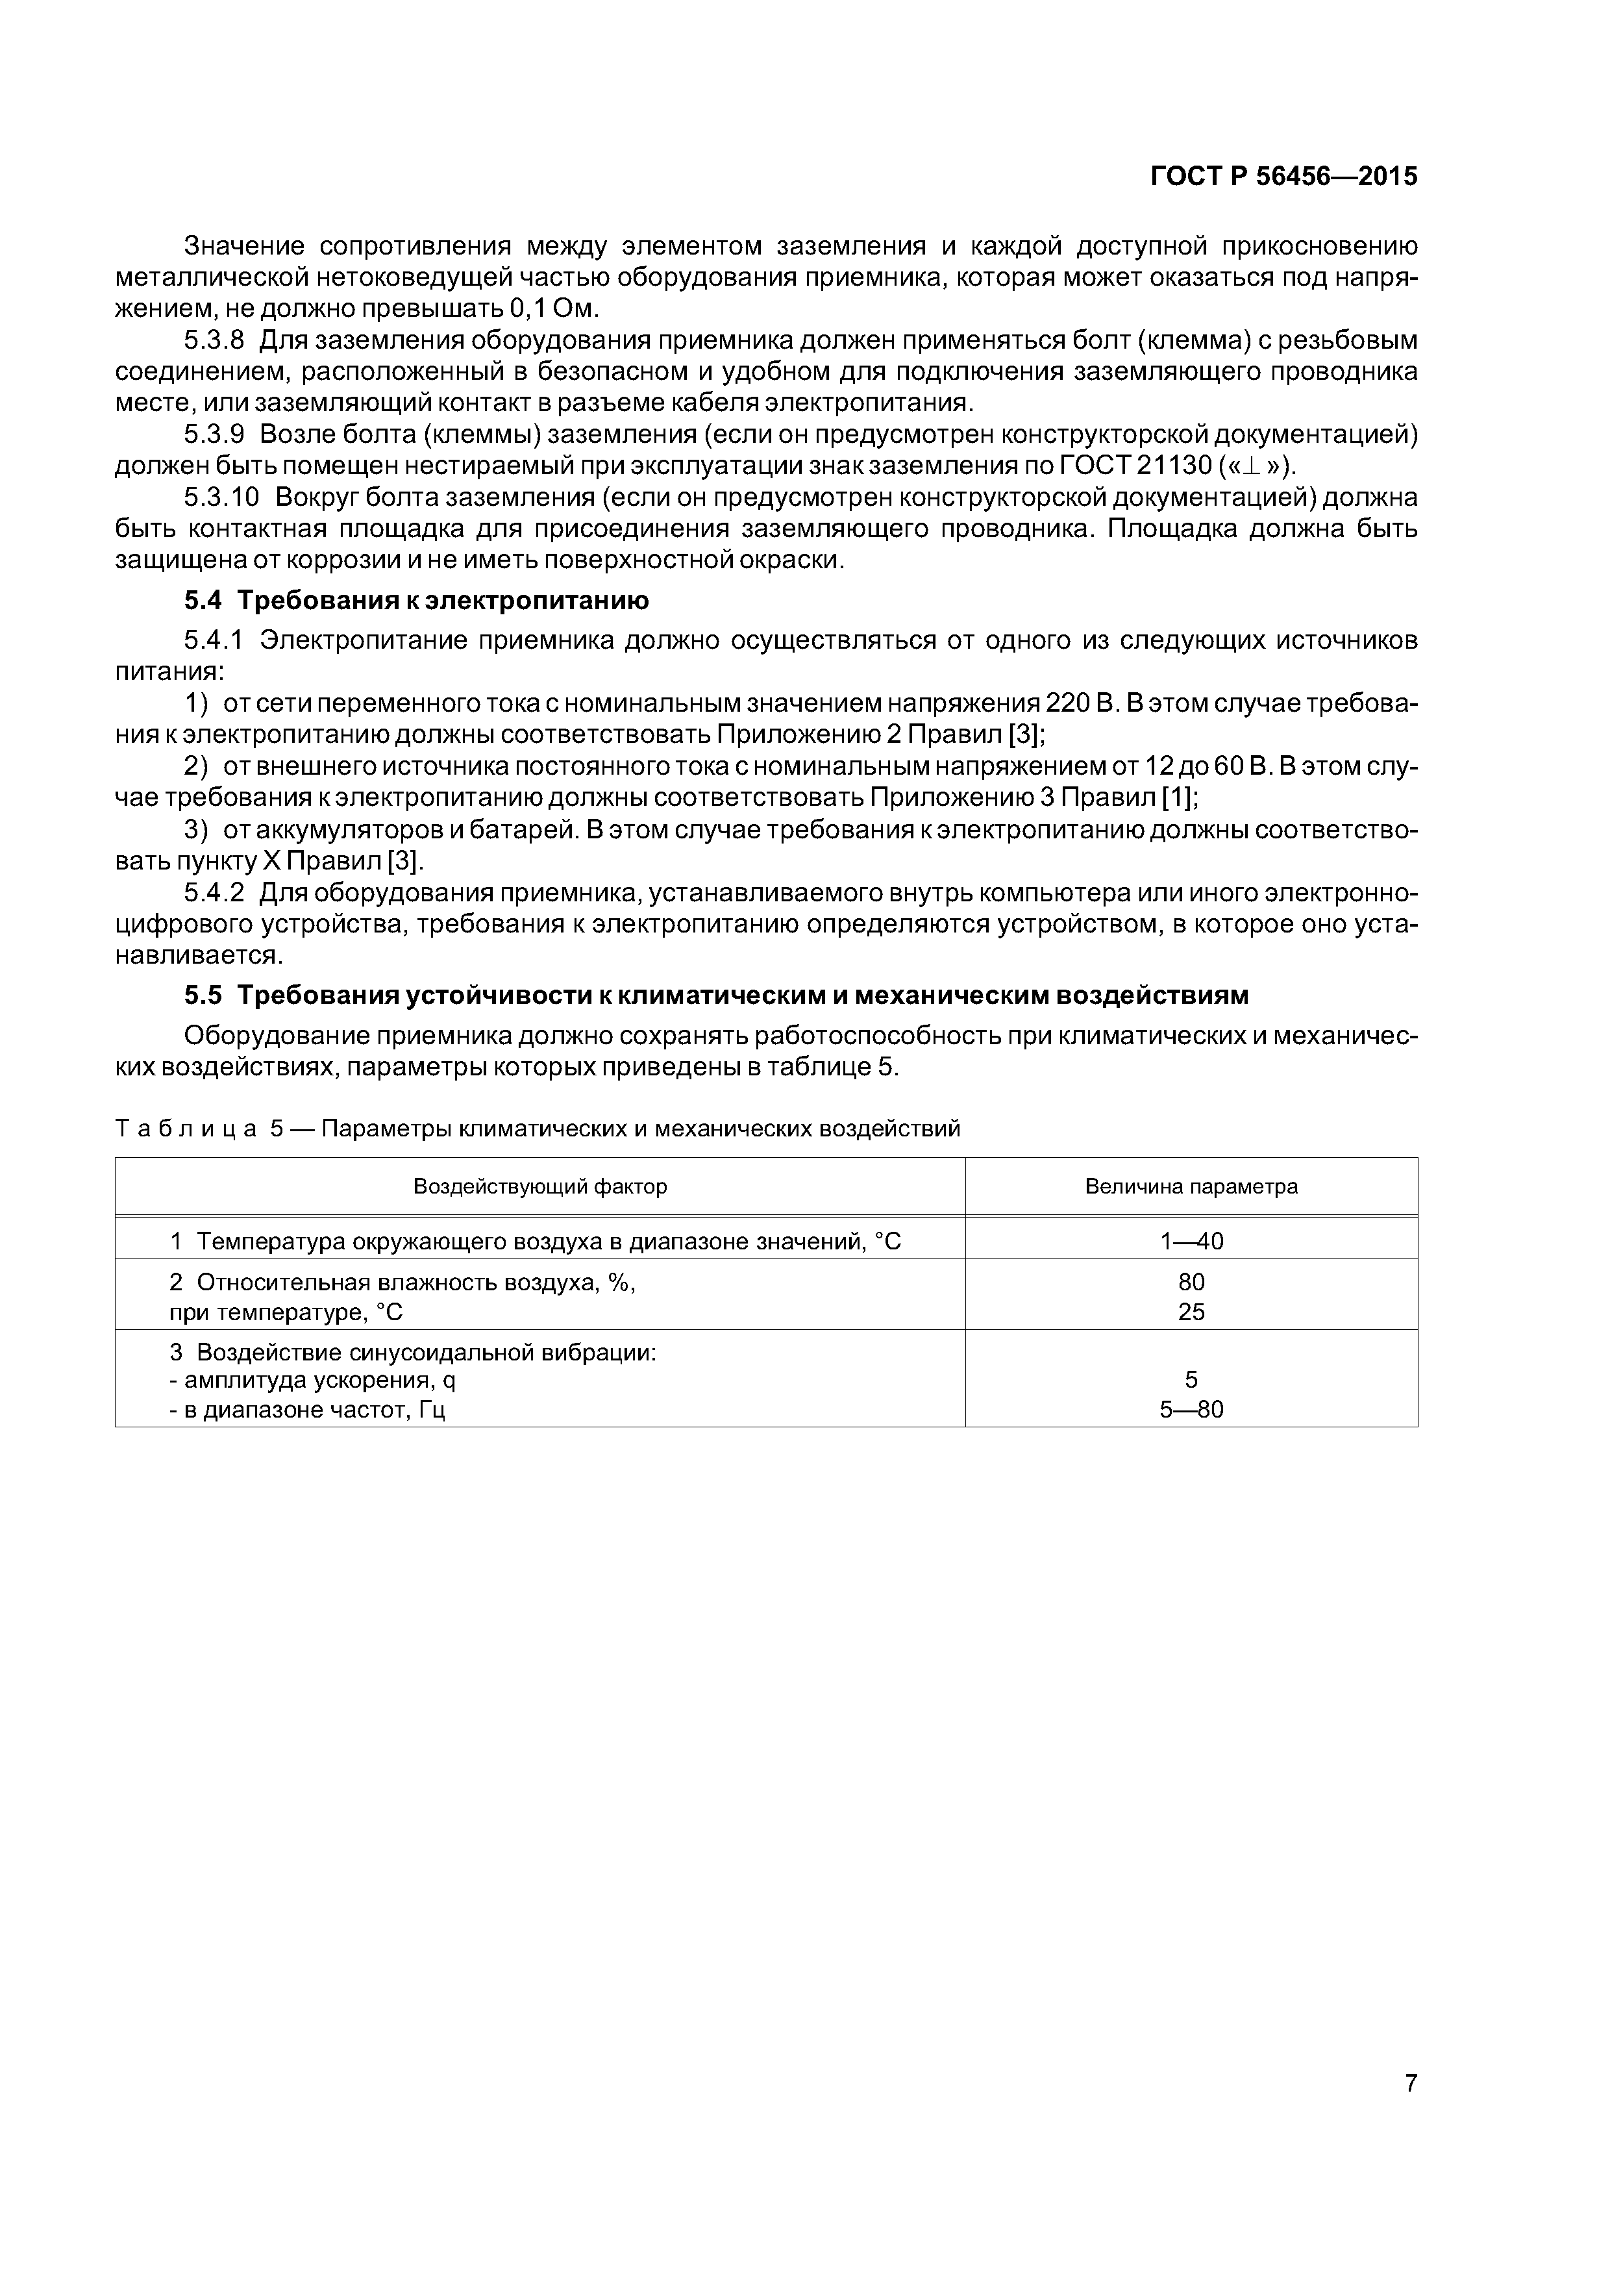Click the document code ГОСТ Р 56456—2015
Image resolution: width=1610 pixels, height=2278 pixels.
pos(1283,177)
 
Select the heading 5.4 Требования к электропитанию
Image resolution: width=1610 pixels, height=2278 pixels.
pos(417,600)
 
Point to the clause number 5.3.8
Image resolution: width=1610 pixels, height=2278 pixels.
pos(214,340)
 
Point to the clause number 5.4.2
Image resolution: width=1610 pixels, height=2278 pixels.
pos(214,893)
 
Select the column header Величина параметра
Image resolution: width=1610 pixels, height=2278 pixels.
pos(1191,1186)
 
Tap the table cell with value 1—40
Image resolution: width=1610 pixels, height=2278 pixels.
pos(1191,1241)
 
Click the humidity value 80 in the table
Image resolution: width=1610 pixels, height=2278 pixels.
pos(1191,1282)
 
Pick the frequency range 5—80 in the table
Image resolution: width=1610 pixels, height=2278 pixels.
pos(1191,1409)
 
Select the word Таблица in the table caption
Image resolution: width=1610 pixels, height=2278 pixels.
pos(186,1129)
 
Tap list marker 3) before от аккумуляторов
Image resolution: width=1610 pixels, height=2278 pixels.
pos(197,829)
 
